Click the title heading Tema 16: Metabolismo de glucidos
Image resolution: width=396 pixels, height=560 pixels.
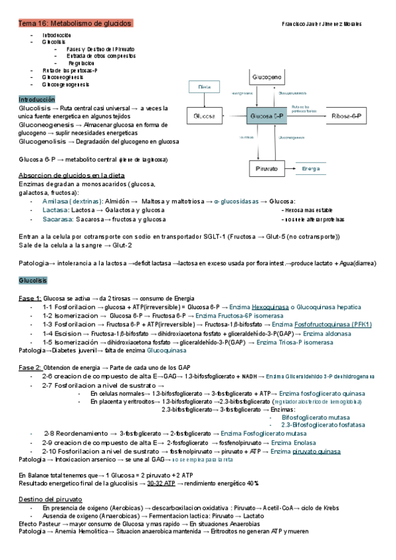(75, 23)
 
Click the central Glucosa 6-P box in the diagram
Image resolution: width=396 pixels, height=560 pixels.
(267, 116)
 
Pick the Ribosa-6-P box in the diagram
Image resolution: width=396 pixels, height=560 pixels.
(346, 116)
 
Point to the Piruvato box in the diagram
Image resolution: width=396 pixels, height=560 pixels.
(267, 169)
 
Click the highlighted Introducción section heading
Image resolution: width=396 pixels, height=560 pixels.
(37, 98)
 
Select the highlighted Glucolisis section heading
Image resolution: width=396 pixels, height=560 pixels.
(32, 281)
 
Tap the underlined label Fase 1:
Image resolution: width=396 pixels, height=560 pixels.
(30, 298)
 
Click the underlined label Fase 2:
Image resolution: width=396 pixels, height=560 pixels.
(30, 367)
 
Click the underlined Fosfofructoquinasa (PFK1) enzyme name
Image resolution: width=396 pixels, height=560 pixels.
(333, 324)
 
